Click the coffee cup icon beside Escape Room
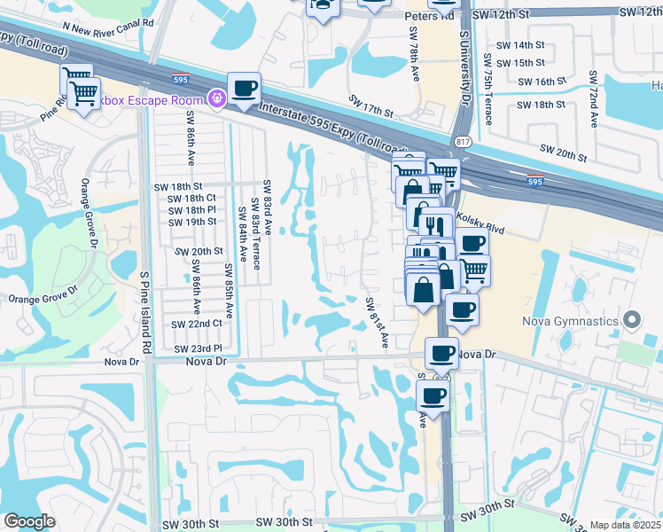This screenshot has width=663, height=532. coord(244,88)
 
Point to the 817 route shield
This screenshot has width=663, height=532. coord(464,141)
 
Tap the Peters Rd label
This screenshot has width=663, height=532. coord(429,16)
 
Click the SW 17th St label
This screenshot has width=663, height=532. coord(370,107)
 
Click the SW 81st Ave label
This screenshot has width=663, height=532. coord(378,321)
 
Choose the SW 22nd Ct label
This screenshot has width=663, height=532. coord(196,325)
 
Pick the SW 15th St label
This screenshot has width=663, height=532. coord(520,63)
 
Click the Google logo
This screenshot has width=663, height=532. coord(29,522)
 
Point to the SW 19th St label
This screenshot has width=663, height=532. coord(192,222)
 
